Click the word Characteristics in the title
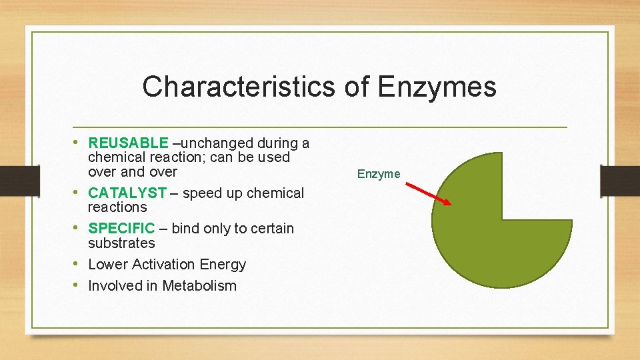(x=239, y=87)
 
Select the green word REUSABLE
(x=128, y=143)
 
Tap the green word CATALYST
(x=127, y=193)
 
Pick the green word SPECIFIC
(x=121, y=228)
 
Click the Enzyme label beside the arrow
(x=378, y=174)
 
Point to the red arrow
(x=429, y=192)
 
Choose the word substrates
(x=121, y=243)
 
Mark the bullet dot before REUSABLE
(x=79, y=142)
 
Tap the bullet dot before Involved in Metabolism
(x=79, y=285)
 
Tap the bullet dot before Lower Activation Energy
(x=79, y=263)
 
